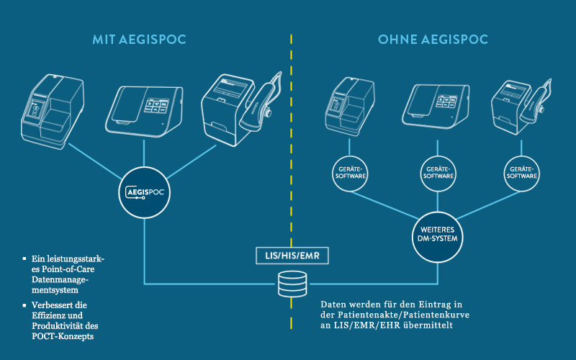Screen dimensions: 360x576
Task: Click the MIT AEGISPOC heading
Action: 139,39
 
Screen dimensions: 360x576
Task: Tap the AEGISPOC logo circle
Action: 144,193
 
